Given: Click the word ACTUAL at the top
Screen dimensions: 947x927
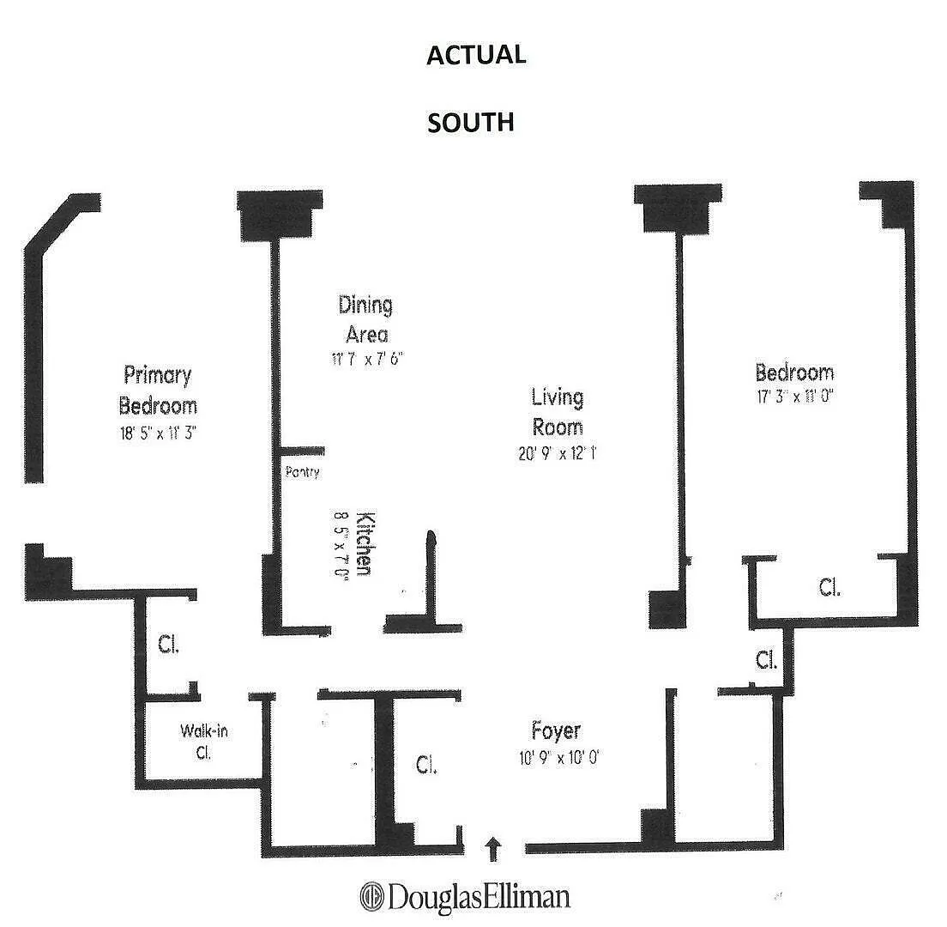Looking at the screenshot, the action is (476, 55).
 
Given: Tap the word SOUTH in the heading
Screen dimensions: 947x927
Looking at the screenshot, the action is (471, 122).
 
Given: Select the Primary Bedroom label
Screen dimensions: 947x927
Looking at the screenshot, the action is (158, 390).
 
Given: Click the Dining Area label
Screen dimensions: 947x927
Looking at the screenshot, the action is (365, 318).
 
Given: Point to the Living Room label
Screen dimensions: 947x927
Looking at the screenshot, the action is (557, 411).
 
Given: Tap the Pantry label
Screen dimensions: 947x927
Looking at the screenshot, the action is (302, 471).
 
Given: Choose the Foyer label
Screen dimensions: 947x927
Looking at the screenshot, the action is (556, 730).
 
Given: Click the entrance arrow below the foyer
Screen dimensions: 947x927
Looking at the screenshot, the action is (492, 849).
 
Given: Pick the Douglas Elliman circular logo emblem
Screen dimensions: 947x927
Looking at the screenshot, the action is (371, 897).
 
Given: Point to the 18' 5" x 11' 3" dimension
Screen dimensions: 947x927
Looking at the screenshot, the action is (158, 433).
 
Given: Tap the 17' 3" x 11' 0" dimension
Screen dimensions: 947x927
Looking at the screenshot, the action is (794, 397).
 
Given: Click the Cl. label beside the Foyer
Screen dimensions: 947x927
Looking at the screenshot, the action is (425, 765).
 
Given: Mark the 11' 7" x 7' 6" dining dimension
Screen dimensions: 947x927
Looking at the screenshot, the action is (365, 360).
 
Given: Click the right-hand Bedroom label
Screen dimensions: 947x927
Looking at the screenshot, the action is (794, 373).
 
